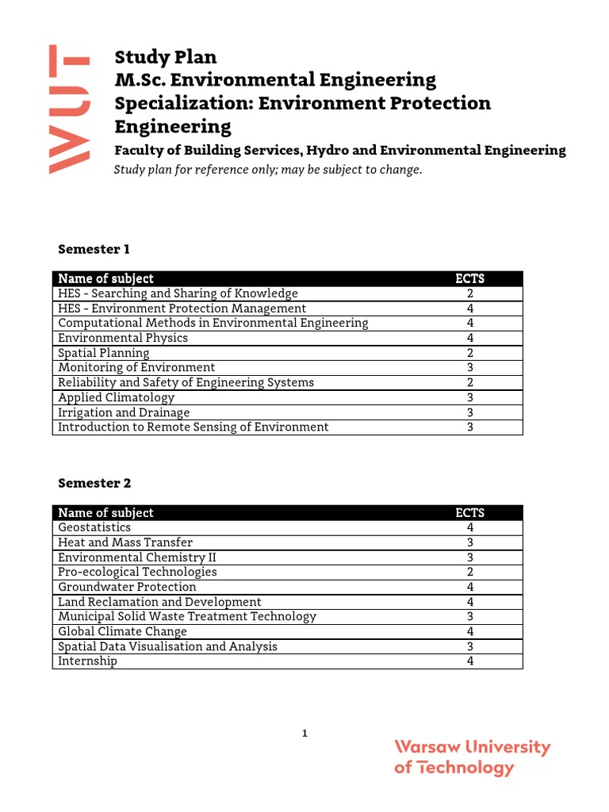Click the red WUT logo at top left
(x=68, y=109)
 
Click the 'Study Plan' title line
(x=166, y=57)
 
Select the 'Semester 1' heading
(x=94, y=249)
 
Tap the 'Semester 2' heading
(x=94, y=483)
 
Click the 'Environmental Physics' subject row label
(x=123, y=338)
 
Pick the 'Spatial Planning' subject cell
(x=104, y=353)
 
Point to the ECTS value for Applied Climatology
(x=470, y=397)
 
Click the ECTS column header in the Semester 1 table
(x=470, y=278)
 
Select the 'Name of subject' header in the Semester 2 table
(x=106, y=513)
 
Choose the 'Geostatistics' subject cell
(x=94, y=527)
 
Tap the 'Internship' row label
(x=87, y=661)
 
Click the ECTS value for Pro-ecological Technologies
(x=470, y=572)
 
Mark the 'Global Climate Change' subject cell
(x=123, y=631)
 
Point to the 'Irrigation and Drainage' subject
(x=124, y=412)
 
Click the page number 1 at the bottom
(x=304, y=733)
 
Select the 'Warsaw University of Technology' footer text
(x=472, y=757)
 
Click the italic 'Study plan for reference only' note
(x=268, y=170)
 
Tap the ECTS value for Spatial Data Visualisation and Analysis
(x=470, y=646)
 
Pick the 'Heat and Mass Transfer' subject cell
(x=125, y=542)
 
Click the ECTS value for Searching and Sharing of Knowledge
(x=470, y=293)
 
